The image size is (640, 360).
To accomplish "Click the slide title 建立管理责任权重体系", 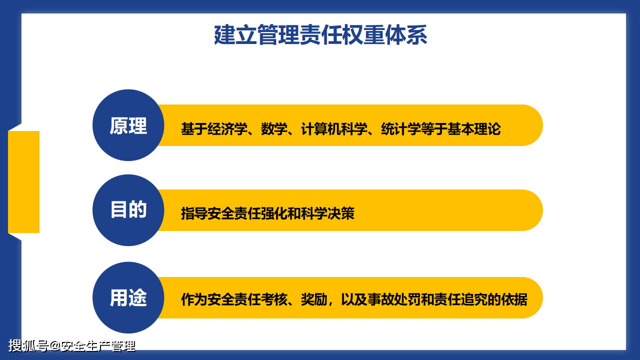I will click(320, 35).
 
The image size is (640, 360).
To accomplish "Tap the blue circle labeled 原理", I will click(128, 125).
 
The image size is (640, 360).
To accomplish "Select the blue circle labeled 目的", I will click(128, 210).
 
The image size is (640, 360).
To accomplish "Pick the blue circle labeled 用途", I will click(128, 297).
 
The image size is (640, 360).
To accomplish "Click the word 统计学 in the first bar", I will click(400, 129).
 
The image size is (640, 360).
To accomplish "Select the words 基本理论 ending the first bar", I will click(473, 129).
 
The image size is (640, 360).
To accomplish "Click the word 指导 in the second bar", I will click(194, 214).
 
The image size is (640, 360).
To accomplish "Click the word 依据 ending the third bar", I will click(514, 300).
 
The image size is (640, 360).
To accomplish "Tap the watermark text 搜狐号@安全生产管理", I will click(72, 345).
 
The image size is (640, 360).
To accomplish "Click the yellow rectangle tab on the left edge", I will click(23, 182).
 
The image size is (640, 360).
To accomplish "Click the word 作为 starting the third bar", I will click(194, 300).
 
